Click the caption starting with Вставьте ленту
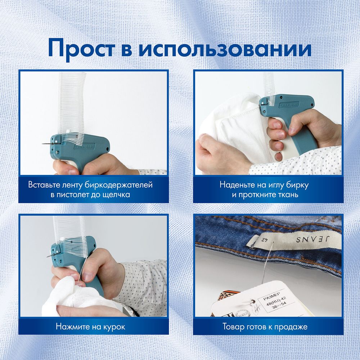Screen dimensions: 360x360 pos(90,190)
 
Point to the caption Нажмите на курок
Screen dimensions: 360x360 pos(90,327)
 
